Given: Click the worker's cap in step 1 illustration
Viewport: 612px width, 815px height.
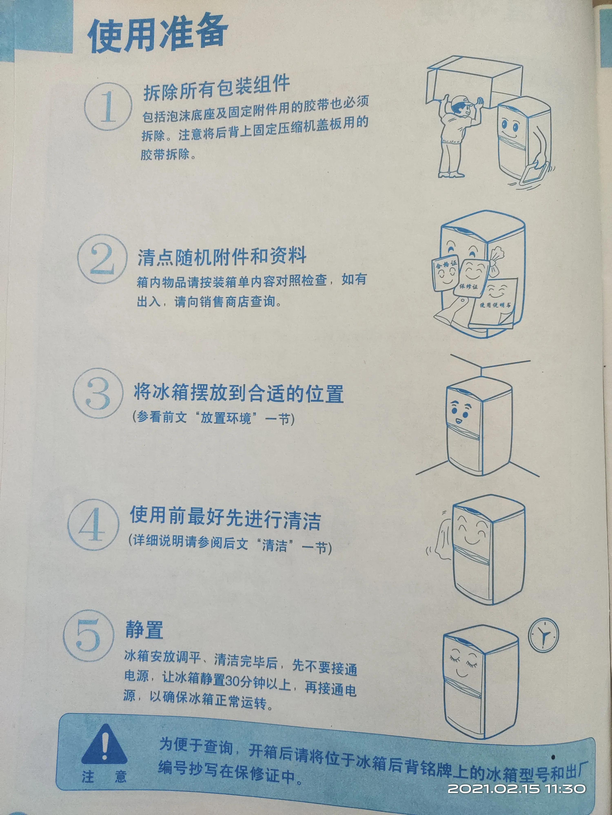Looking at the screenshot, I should point(461,102).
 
